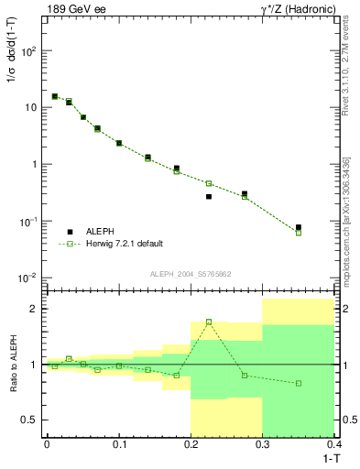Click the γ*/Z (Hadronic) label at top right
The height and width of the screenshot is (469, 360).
(x=297, y=9)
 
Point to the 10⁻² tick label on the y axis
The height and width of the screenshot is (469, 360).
(x=27, y=278)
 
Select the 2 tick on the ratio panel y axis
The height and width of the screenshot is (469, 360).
(x=35, y=309)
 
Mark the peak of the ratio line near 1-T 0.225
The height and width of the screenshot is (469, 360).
(x=209, y=322)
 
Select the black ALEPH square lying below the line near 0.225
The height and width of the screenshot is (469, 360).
(x=209, y=196)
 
